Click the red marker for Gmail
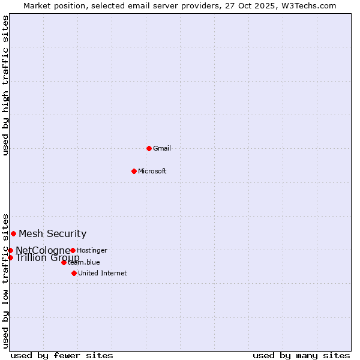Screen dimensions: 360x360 point(149,148)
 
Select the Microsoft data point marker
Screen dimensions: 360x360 point(134,171)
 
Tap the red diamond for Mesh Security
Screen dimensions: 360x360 point(13,233)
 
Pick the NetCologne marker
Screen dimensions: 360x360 point(10,250)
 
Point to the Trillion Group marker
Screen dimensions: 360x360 point(10,257)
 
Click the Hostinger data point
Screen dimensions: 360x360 point(73,250)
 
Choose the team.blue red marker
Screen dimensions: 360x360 point(64,262)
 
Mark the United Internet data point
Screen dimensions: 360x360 point(74,273)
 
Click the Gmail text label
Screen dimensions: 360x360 point(162,148)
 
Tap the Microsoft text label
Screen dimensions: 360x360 point(152,171)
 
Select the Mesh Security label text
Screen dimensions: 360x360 point(52,233)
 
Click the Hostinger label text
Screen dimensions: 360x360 point(92,250)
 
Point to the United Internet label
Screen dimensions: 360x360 point(102,273)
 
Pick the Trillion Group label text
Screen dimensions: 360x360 point(47,258)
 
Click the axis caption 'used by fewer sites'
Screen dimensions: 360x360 point(62,355)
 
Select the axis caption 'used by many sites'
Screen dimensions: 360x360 point(301,355)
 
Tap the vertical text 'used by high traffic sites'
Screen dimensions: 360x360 point(5,85)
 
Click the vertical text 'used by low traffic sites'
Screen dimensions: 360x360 point(5,280)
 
